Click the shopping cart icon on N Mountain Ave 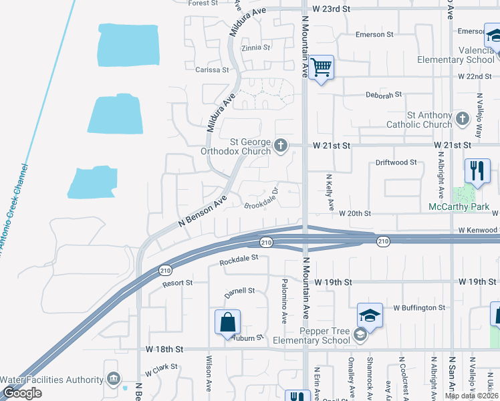pos(322,67)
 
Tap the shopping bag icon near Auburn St pos(227,322)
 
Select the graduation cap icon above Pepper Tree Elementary pos(370,315)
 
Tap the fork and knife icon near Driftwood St pos(477,170)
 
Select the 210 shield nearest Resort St pos(165,270)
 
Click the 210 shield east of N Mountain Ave pos(382,242)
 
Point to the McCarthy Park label pos(460,207)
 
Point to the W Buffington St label pos(419,308)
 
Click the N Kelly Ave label pos(329,193)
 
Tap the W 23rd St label pos(332,9)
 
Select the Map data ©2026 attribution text pos(471,396)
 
